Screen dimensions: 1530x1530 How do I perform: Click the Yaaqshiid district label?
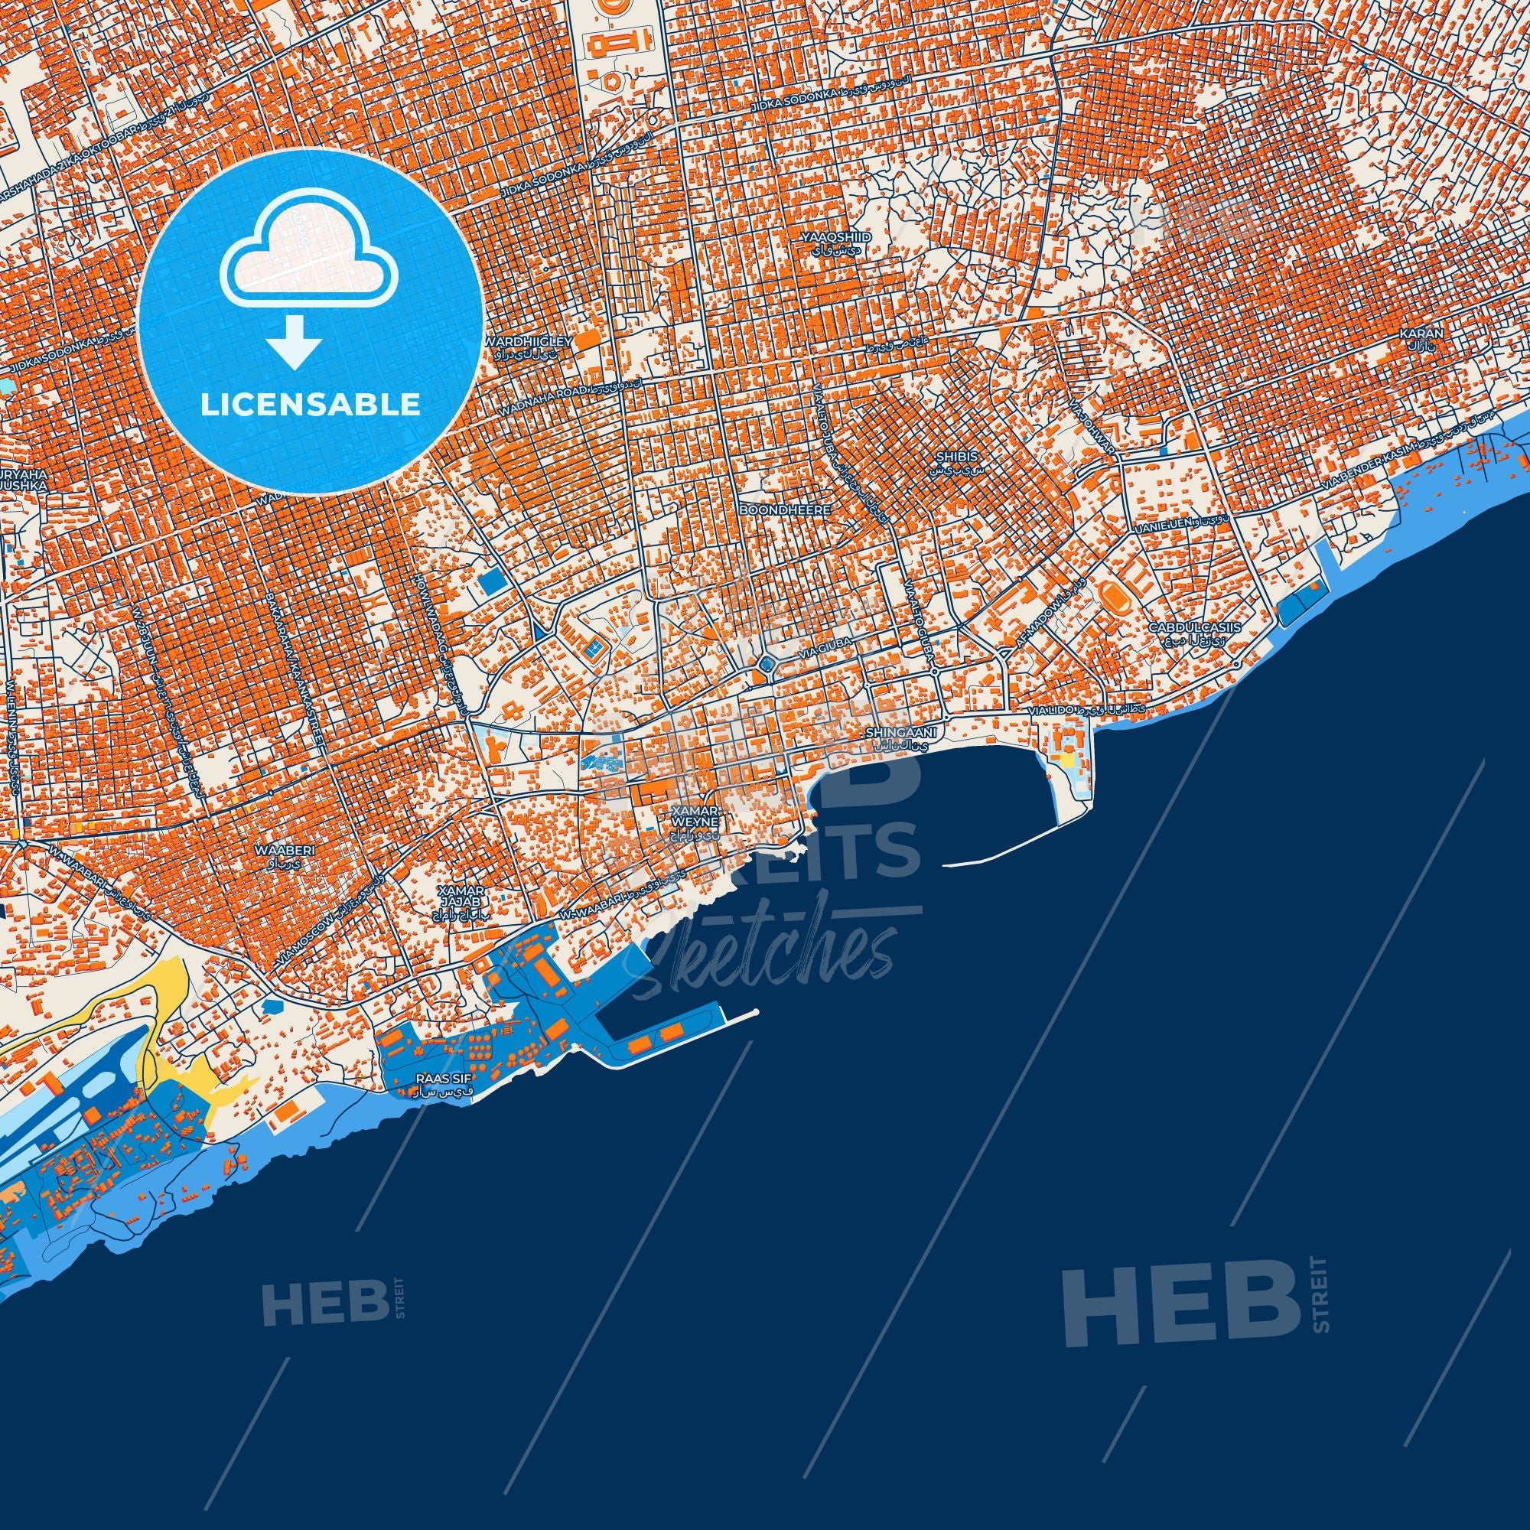[x=825, y=237]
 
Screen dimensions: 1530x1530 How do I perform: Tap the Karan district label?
[x=1421, y=334]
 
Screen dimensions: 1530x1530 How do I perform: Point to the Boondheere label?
[x=784, y=511]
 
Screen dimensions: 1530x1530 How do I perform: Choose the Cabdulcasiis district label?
[x=1195, y=627]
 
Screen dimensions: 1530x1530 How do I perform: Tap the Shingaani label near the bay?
[x=901, y=734]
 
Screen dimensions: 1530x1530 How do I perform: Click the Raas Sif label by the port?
[x=438, y=1078]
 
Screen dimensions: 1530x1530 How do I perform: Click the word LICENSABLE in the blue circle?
[x=310, y=404]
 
